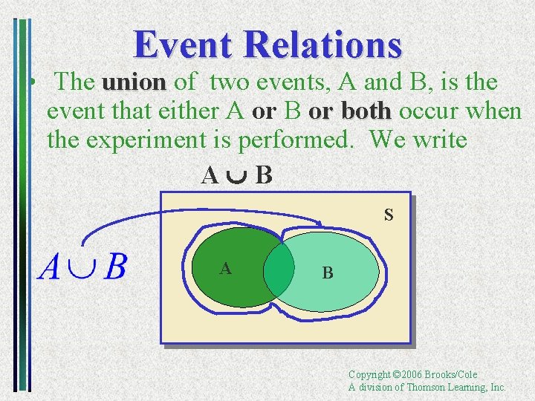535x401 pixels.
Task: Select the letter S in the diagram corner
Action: [x=389, y=216]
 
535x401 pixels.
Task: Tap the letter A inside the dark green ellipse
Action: [x=224, y=269]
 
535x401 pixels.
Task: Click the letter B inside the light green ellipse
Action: [x=328, y=273]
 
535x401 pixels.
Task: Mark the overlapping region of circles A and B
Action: [x=279, y=270]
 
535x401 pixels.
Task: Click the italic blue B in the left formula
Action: [x=115, y=267]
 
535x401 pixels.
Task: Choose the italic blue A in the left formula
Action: [x=50, y=267]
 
